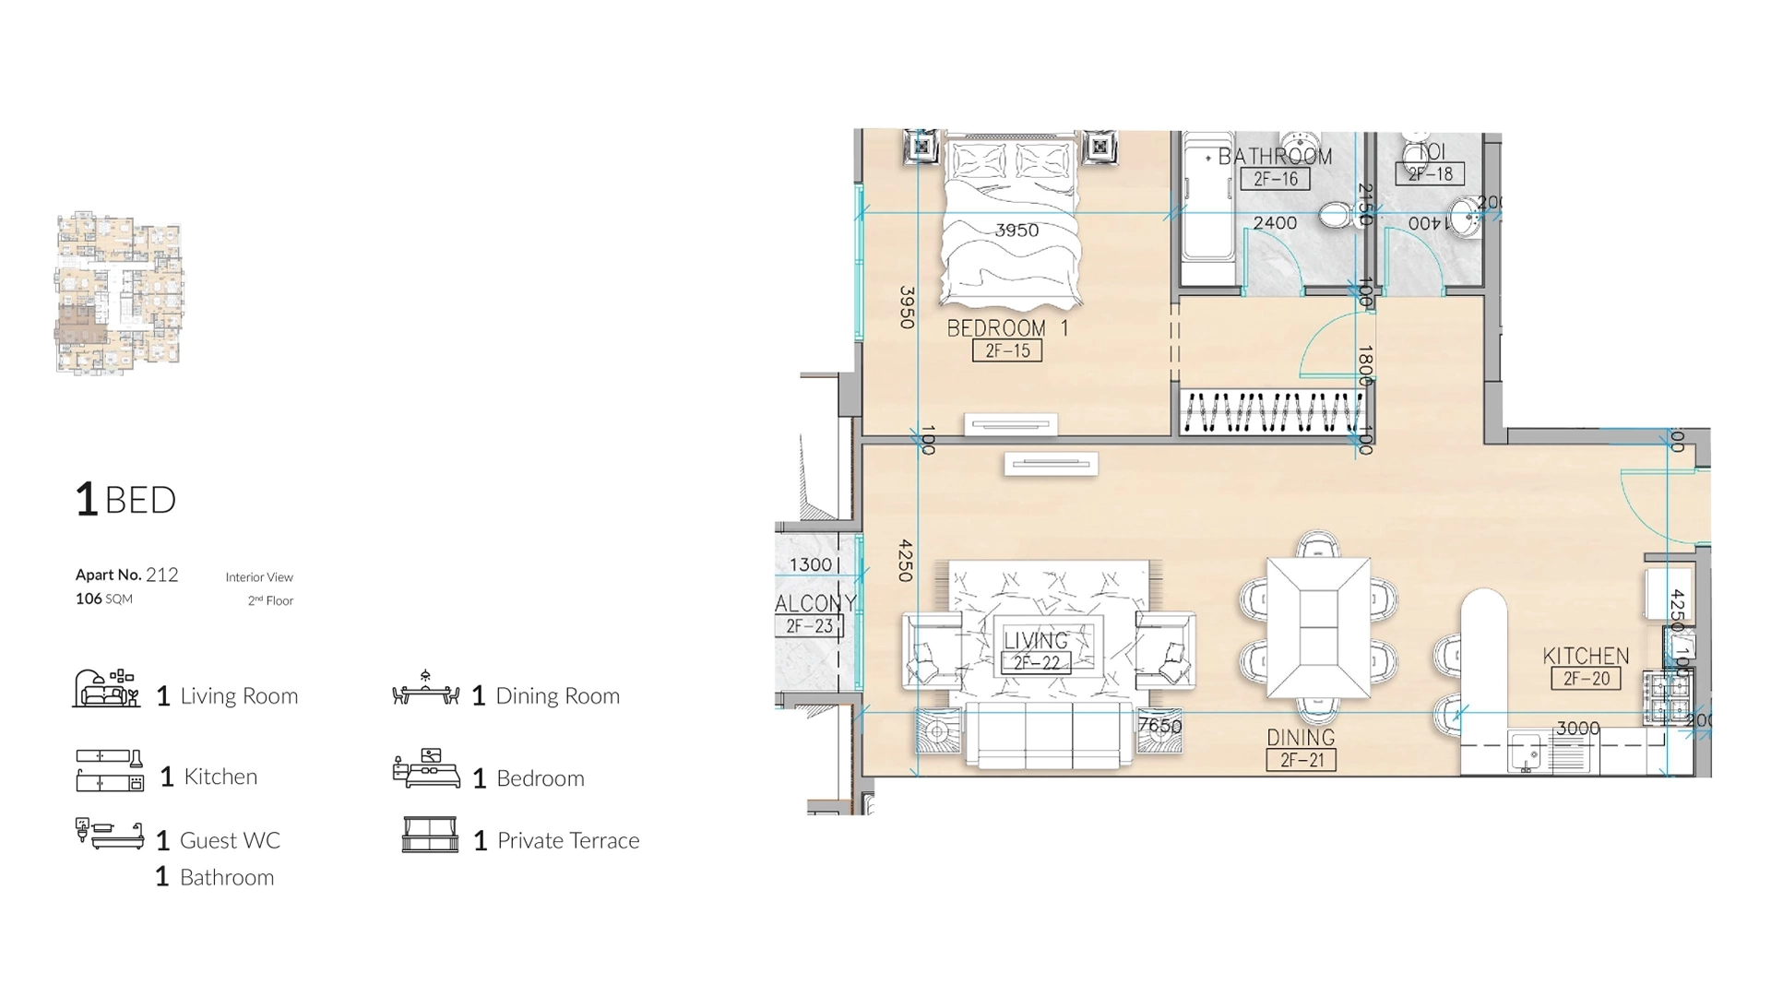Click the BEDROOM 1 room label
tap(1007, 328)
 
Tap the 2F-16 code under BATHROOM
tap(1276, 179)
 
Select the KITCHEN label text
tap(1586, 656)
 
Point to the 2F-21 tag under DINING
tap(1302, 761)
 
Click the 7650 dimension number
tap(1159, 726)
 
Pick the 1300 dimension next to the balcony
tap(811, 564)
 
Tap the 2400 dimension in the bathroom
tap(1275, 223)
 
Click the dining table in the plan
tap(1318, 627)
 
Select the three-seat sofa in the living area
tap(1049, 734)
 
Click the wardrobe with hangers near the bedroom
tap(1272, 412)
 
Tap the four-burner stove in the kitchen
tap(1664, 698)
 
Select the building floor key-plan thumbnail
tap(119, 292)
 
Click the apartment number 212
tap(161, 575)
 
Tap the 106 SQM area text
tap(104, 599)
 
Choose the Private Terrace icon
tap(430, 835)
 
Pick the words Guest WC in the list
tap(230, 840)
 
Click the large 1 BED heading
tap(125, 500)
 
